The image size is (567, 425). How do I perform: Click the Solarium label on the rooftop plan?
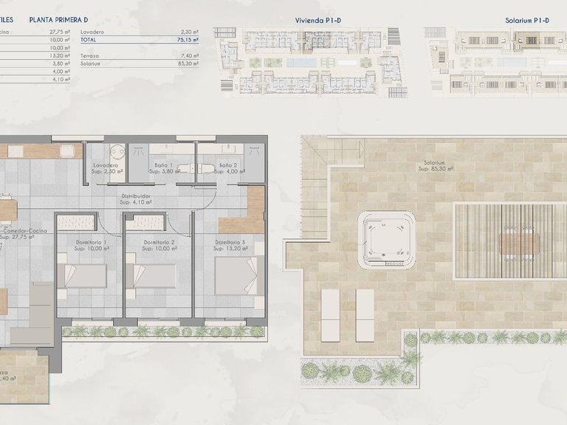point(434,164)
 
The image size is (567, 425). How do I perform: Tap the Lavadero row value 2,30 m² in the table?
point(190,32)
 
